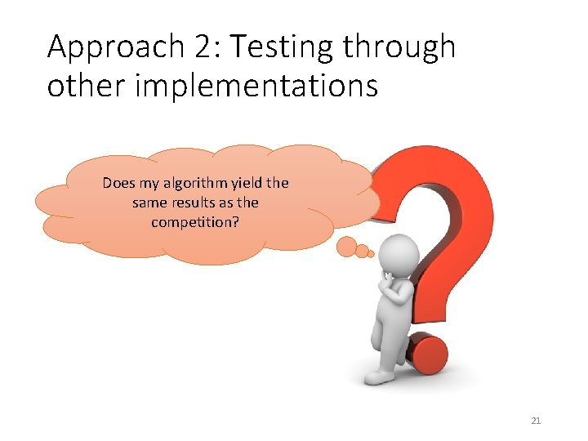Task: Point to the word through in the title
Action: pos(399,48)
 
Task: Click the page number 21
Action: pos(536,421)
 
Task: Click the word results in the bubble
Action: pos(191,202)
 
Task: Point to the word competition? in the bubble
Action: pos(195,221)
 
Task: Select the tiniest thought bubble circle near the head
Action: pos(371,253)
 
